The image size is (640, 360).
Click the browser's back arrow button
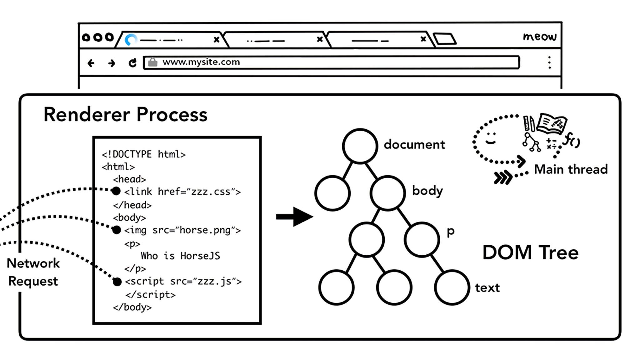(x=91, y=63)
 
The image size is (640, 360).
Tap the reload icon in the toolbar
(x=132, y=63)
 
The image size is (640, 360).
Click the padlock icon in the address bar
(x=152, y=62)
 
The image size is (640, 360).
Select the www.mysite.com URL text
(x=201, y=62)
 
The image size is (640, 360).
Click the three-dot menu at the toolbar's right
(x=549, y=62)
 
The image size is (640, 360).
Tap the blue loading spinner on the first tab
(x=131, y=40)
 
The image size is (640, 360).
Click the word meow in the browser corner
(x=540, y=37)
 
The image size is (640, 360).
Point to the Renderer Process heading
(x=125, y=114)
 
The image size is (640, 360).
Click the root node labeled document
(x=360, y=146)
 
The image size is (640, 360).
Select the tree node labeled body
(x=387, y=192)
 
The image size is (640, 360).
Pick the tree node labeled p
(x=422, y=239)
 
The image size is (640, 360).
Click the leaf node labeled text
(x=452, y=287)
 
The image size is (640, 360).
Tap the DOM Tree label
(x=530, y=252)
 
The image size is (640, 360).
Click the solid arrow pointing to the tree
(x=294, y=216)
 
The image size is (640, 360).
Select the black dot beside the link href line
(x=116, y=191)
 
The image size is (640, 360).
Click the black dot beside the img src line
(x=116, y=230)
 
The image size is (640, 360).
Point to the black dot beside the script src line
(x=117, y=282)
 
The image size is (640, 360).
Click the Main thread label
(x=571, y=169)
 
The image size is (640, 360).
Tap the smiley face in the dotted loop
(x=490, y=138)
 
